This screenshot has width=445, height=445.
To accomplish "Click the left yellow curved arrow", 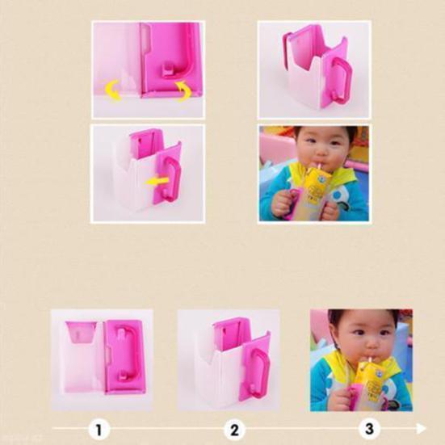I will pyautogui.click(x=113, y=91).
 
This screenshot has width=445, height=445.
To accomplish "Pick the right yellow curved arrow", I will pyautogui.click(x=184, y=91).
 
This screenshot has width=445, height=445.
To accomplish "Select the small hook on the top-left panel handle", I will pyautogui.click(x=165, y=71).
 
